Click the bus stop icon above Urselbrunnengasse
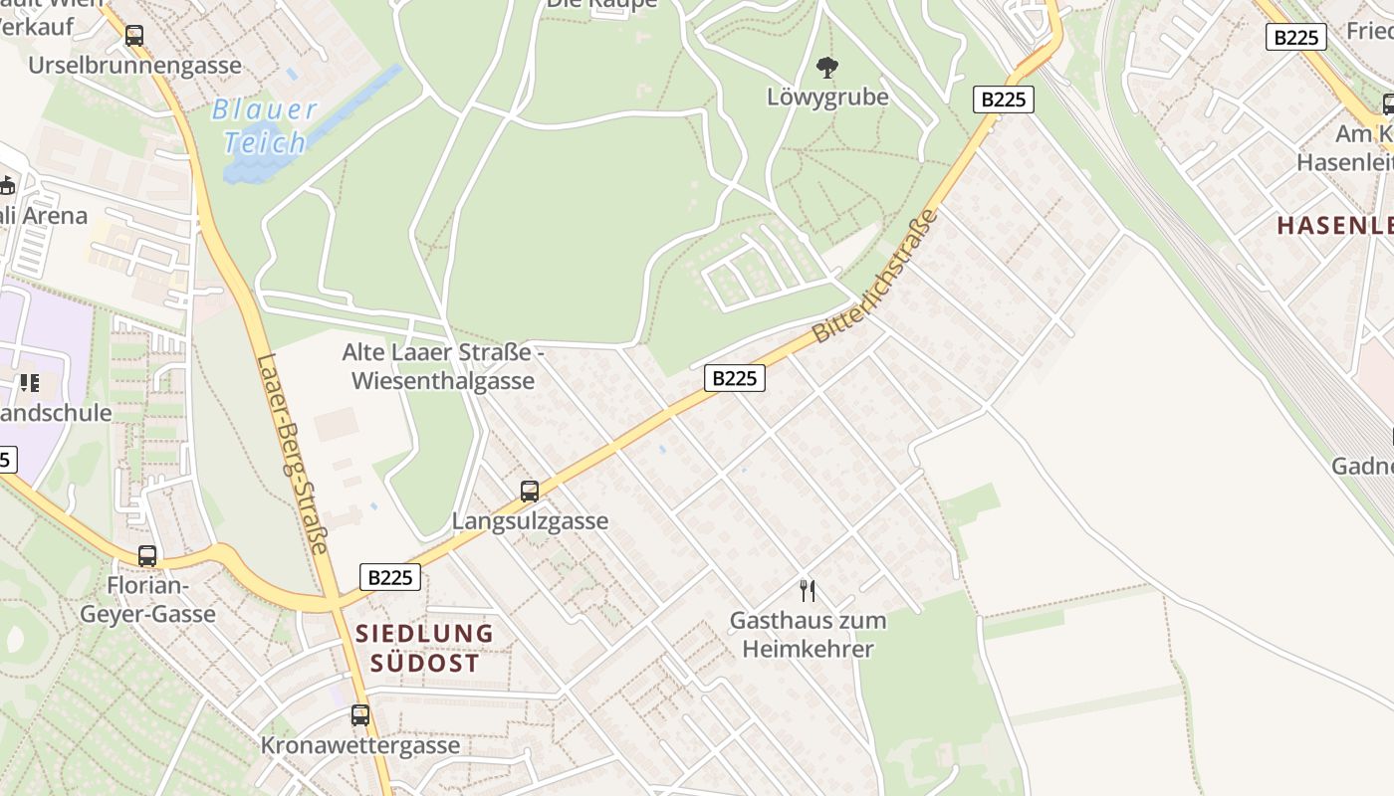(134, 36)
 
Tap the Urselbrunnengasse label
(134, 66)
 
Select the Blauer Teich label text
(265, 126)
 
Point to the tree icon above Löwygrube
(826, 68)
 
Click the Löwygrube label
(827, 98)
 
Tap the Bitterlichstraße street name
(876, 276)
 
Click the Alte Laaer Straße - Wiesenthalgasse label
(443, 366)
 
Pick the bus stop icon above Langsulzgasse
(530, 491)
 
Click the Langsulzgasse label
(530, 521)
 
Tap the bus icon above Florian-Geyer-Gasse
(147, 556)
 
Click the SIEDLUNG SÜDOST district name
(425, 648)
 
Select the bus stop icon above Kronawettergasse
(360, 714)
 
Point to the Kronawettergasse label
(360, 745)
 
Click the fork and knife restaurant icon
(808, 590)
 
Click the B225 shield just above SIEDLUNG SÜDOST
(389, 577)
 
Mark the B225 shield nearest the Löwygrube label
(1003, 99)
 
